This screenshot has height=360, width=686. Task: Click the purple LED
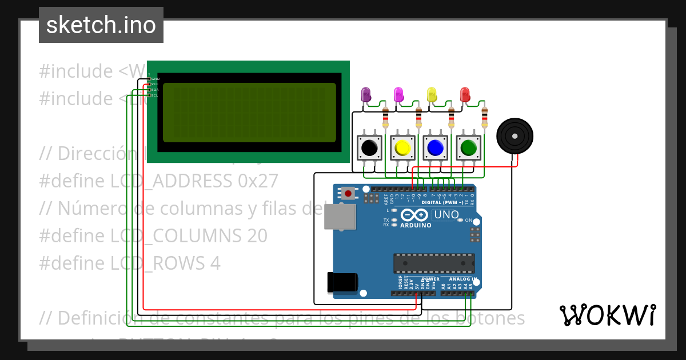click(366, 95)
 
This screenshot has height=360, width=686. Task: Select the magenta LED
click(399, 95)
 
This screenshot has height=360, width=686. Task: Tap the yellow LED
click(432, 95)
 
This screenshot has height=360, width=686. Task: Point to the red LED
click(465, 95)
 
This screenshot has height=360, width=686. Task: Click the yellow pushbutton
click(402, 147)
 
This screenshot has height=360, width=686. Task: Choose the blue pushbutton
click(436, 147)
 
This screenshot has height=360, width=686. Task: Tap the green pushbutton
click(469, 147)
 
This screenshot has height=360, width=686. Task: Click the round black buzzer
click(514, 136)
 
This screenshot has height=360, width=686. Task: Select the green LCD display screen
click(249, 112)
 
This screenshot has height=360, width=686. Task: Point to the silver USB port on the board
click(339, 217)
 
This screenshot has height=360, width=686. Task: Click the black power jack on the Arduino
click(342, 282)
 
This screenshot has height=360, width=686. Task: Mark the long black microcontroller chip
click(433, 263)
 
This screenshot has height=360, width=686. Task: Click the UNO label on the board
click(446, 215)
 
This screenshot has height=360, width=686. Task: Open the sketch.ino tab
click(101, 25)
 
